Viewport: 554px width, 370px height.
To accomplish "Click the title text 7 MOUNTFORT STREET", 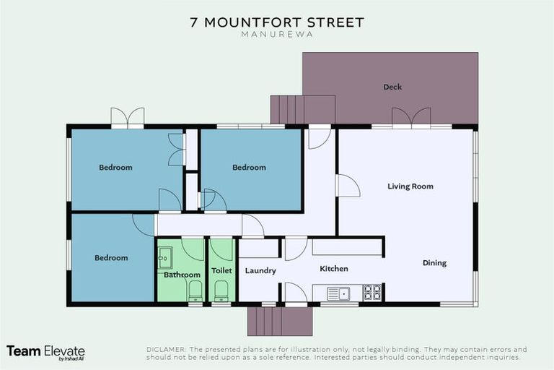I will (x=277, y=22).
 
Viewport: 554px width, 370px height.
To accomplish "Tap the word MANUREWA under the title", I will (x=277, y=35).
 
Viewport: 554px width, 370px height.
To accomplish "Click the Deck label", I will (x=392, y=87).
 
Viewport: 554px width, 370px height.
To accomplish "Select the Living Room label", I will (x=410, y=186).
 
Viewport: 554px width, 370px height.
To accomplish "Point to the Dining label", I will (x=434, y=263).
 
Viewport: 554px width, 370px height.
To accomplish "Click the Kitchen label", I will (x=334, y=269).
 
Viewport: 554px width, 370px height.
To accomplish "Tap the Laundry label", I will (x=260, y=271).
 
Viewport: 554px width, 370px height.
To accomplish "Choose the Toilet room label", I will (x=221, y=271).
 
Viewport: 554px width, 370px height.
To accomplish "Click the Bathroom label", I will (x=182, y=275).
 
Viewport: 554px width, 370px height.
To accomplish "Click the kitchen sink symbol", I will (x=338, y=293).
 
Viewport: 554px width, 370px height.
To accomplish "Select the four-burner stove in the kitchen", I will (x=371, y=293).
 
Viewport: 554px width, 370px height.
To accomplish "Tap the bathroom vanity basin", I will (x=165, y=257).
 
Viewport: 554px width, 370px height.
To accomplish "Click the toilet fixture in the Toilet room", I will (x=221, y=291).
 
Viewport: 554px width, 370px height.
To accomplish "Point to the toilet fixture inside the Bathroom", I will (x=195, y=291).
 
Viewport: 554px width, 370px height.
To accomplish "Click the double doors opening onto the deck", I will (x=411, y=117).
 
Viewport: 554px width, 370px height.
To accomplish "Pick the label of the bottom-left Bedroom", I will (x=111, y=258).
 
